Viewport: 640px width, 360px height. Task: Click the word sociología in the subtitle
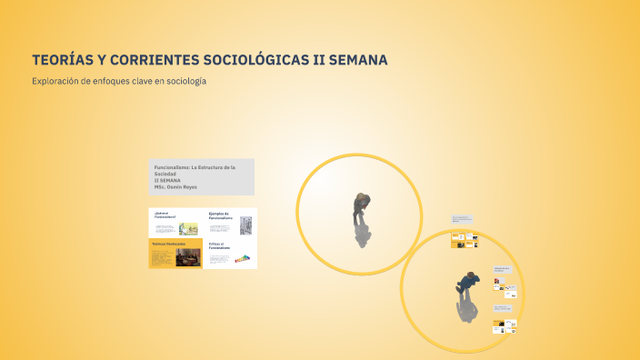186,81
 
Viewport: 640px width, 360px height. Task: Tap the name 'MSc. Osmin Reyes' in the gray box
175,187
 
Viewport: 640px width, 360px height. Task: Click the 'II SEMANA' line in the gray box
167,181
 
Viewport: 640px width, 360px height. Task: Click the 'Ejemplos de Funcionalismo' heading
221,216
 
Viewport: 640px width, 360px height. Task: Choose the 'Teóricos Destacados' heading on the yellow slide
168,245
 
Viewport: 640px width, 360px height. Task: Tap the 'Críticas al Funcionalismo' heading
219,245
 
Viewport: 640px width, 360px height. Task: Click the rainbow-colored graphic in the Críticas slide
243,259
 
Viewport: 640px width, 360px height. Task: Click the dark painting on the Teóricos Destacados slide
188,258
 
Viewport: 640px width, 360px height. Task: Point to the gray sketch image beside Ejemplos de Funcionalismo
246,225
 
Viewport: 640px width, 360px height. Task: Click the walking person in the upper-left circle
361,209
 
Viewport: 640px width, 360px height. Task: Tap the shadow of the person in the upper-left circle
363,235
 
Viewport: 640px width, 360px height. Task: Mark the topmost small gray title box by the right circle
461,219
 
